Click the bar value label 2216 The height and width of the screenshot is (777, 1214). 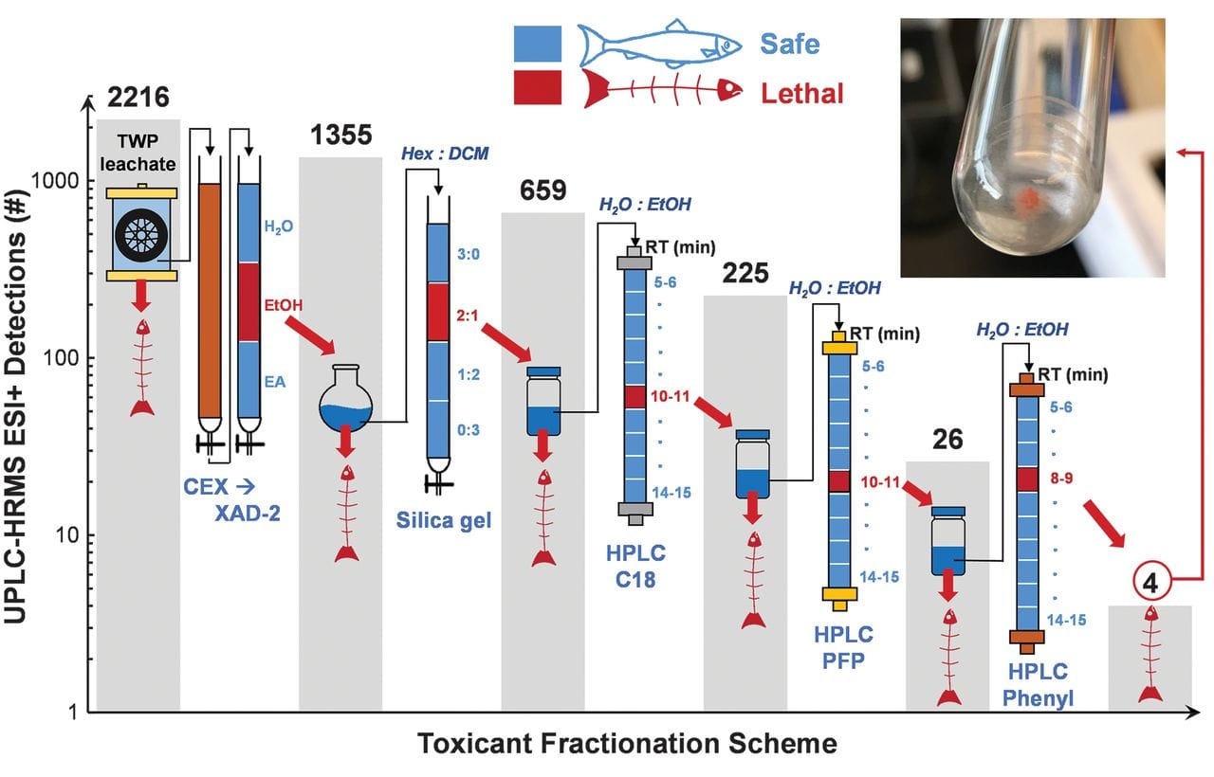click(138, 97)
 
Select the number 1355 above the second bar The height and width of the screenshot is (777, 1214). click(340, 135)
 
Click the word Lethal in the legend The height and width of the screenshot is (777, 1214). click(801, 92)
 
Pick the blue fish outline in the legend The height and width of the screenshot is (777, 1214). click(660, 44)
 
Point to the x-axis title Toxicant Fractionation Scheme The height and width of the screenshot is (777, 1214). click(627, 743)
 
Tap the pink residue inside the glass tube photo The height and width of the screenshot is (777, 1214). click(1028, 200)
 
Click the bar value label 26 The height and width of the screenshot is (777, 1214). click(947, 439)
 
